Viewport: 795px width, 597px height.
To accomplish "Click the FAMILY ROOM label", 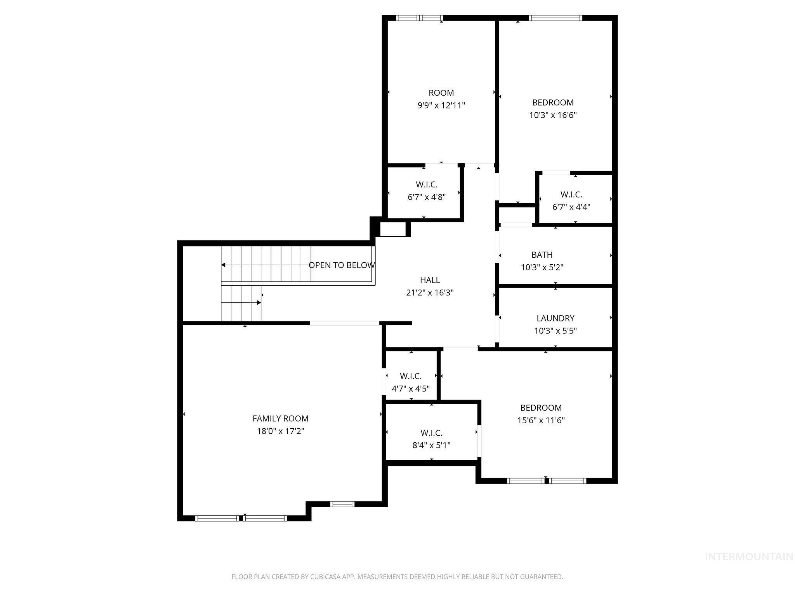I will pyautogui.click(x=280, y=419).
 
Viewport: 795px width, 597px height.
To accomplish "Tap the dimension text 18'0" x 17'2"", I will pyautogui.click(x=280, y=431).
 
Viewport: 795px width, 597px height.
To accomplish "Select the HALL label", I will pyautogui.click(x=430, y=280).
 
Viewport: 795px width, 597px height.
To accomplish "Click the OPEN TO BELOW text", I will pyautogui.click(x=342, y=265).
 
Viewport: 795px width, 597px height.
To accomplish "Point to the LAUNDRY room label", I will pyautogui.click(x=555, y=318).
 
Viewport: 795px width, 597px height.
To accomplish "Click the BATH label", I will pyautogui.click(x=542, y=255).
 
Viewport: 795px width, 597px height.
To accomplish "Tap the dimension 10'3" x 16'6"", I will pyautogui.click(x=553, y=115).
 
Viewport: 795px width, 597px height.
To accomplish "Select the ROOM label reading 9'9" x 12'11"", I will pyautogui.click(x=441, y=93).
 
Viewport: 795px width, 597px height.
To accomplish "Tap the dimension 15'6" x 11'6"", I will pyautogui.click(x=541, y=420).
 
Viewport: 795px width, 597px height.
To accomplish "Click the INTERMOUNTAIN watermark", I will pyautogui.click(x=748, y=557).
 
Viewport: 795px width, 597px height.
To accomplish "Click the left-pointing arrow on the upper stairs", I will pyautogui.click(x=224, y=265).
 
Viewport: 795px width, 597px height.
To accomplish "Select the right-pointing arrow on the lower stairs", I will pyautogui.click(x=259, y=302).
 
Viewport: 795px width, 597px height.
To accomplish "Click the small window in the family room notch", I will pyautogui.click(x=342, y=504).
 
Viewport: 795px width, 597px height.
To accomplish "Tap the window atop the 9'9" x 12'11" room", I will pyautogui.click(x=419, y=18).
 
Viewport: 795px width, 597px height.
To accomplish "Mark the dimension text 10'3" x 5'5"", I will pyautogui.click(x=555, y=331).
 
